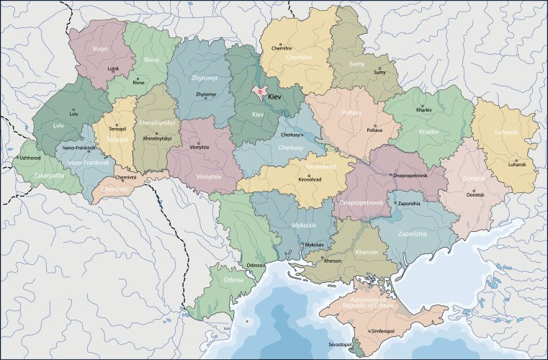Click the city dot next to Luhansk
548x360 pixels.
[516, 159]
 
